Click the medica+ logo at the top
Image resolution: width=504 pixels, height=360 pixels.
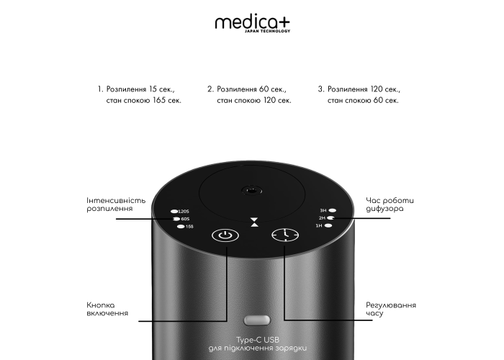(253, 23)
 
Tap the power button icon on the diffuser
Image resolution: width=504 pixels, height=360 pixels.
(225, 235)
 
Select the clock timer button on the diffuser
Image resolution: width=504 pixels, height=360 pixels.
(285, 235)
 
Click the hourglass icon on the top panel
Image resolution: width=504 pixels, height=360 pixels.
(255, 222)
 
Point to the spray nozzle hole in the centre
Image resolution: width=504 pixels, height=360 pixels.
(252, 191)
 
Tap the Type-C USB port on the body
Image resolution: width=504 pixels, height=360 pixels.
(257, 320)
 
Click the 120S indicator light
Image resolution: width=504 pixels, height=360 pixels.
(174, 212)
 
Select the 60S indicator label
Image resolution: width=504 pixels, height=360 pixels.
(185, 219)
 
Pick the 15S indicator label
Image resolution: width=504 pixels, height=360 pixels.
(189, 227)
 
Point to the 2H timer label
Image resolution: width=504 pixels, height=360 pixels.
(322, 218)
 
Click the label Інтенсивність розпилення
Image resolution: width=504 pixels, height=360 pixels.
(116, 204)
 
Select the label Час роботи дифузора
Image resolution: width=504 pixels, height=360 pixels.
(390, 204)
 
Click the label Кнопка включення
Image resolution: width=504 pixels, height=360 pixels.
(107, 309)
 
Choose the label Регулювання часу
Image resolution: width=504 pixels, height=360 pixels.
(391, 309)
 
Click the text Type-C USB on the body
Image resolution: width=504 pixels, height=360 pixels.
(258, 340)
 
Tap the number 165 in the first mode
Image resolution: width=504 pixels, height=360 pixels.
(159, 100)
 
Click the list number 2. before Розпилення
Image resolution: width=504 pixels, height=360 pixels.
(210, 89)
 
